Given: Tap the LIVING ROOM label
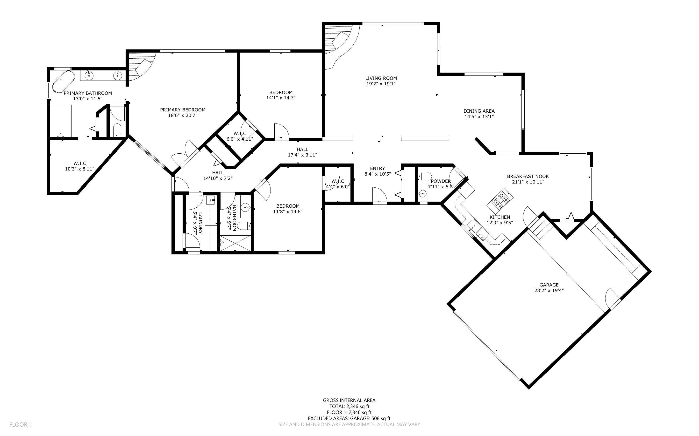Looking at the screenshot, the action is pyautogui.click(x=381, y=78).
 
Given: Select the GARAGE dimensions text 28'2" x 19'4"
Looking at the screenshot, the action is pyautogui.click(x=549, y=290).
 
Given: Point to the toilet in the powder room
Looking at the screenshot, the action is pyautogui.click(x=425, y=176).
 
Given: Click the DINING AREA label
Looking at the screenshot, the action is pyautogui.click(x=479, y=111).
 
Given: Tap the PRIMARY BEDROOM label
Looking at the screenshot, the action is pyautogui.click(x=183, y=110).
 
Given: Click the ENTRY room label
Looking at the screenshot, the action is pyautogui.click(x=377, y=168).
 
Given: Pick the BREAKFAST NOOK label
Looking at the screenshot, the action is pyautogui.click(x=528, y=177).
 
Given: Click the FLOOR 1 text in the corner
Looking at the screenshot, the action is pyautogui.click(x=21, y=424).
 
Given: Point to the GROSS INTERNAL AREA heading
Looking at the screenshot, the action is pyautogui.click(x=349, y=400).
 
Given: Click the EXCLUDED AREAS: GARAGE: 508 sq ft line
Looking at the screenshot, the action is pyautogui.click(x=349, y=418).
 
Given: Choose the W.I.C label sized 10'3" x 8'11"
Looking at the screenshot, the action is pyautogui.click(x=80, y=163).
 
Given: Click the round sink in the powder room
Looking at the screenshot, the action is pyautogui.click(x=423, y=193).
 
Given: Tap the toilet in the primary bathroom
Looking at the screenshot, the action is pyautogui.click(x=117, y=130).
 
